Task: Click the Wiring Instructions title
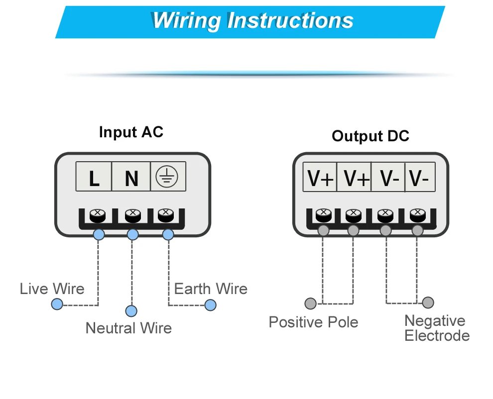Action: pos(252,21)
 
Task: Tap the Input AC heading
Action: pos(131,132)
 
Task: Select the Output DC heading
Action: pos(370,136)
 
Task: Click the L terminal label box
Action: pos(94,177)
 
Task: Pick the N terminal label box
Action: pos(131,177)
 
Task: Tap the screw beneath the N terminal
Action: pos(131,215)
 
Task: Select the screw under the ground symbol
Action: pos(165,214)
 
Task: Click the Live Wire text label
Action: pos(52,289)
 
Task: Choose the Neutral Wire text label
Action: pos(128,328)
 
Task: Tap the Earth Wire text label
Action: pos(211,289)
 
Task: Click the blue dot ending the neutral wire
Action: pos(131,311)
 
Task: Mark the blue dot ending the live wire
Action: pos(57,304)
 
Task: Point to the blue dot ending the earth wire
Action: pos(211,305)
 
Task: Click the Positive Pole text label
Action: pos(313,322)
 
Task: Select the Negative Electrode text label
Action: pos(437,328)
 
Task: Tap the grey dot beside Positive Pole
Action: pos(310,303)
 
